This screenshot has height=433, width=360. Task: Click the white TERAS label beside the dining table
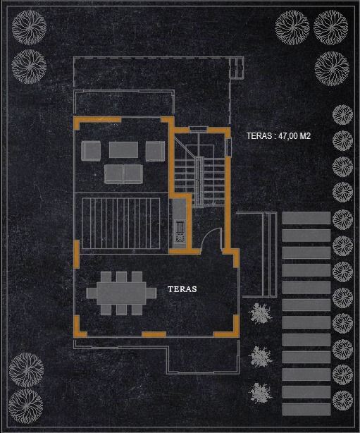(x=182, y=289)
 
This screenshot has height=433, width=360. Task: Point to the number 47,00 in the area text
(x=288, y=136)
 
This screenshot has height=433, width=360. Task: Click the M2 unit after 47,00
(x=305, y=135)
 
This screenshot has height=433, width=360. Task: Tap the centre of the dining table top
(x=121, y=293)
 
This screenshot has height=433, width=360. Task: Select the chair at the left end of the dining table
(x=92, y=293)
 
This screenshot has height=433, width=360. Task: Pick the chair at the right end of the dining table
(x=151, y=293)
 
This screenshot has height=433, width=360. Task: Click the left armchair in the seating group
(x=91, y=151)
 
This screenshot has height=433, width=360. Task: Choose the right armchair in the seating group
(x=155, y=151)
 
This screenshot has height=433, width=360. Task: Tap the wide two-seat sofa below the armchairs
(x=124, y=174)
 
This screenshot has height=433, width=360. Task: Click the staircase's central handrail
(x=199, y=182)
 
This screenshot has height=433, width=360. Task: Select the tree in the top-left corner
(x=29, y=28)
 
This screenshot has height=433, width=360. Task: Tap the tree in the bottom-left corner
(x=26, y=406)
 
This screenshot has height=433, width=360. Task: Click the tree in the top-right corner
(x=330, y=28)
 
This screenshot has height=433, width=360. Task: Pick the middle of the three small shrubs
(x=261, y=357)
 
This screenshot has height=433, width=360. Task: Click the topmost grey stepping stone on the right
(x=306, y=218)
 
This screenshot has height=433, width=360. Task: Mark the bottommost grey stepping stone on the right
(x=306, y=409)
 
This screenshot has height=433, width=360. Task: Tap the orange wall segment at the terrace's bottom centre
(x=154, y=335)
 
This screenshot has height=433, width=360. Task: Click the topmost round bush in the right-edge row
(x=342, y=115)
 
